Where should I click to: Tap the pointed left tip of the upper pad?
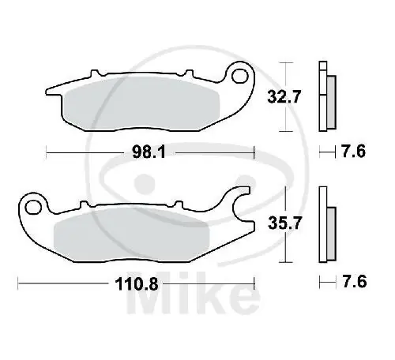tap(49, 90)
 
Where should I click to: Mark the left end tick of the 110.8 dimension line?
tap(20, 281)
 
